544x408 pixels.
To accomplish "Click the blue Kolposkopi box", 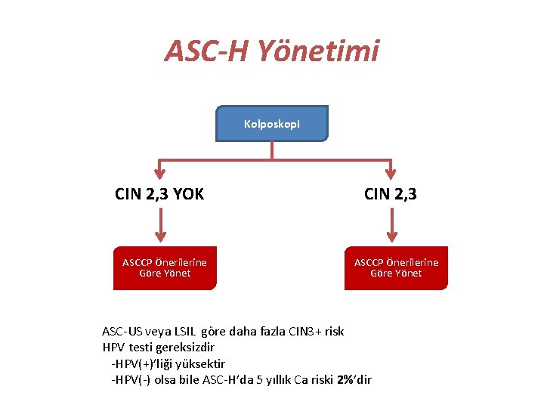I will tap(272, 123).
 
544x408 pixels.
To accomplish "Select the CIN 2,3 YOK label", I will tap(159, 194).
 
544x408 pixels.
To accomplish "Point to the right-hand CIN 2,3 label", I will tap(390, 194).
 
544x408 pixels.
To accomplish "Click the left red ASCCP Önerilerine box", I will tap(165, 267).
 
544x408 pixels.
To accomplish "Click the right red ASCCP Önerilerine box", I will tap(396, 267).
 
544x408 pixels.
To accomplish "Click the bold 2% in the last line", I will tap(346, 379).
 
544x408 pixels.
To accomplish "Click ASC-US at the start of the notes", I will tap(123, 332).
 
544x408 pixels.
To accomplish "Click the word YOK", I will tap(188, 194).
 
